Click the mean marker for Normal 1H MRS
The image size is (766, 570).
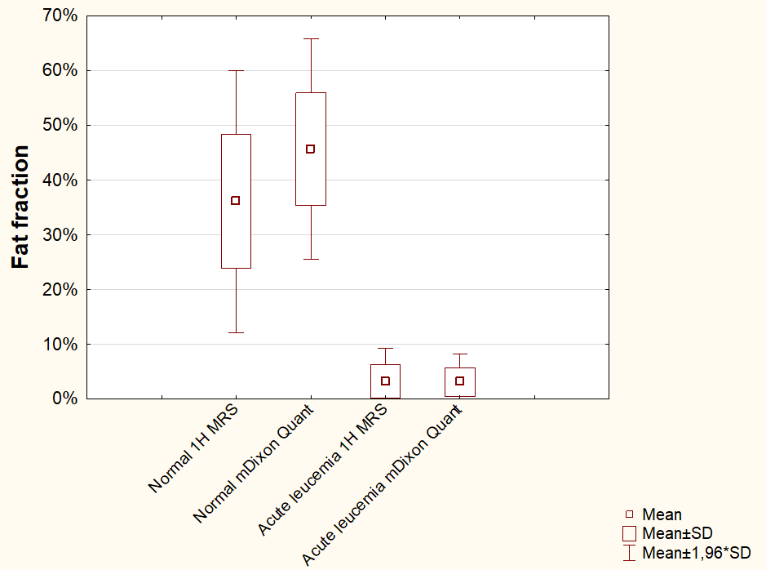click(x=236, y=200)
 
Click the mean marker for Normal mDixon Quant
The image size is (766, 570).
click(x=310, y=149)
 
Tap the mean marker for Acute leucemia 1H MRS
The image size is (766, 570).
click(x=385, y=381)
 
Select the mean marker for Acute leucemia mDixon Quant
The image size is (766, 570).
click(x=459, y=381)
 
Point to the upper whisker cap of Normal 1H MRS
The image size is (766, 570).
click(x=236, y=71)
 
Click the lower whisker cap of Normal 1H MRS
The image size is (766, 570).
click(x=236, y=332)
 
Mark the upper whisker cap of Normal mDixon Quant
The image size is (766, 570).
click(x=310, y=38)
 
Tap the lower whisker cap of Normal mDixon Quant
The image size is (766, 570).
click(x=310, y=259)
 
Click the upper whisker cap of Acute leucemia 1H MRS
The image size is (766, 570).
click(x=385, y=349)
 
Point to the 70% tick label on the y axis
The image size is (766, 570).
click(x=60, y=16)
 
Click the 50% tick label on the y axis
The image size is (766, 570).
click(x=60, y=125)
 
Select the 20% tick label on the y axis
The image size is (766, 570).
click(x=60, y=289)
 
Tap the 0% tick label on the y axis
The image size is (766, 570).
click(x=65, y=399)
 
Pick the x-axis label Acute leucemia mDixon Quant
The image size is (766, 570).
click(x=383, y=486)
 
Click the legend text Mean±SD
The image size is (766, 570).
click(x=671, y=533)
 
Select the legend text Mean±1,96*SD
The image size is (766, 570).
click(x=696, y=553)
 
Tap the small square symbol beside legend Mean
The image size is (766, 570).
click(x=629, y=514)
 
